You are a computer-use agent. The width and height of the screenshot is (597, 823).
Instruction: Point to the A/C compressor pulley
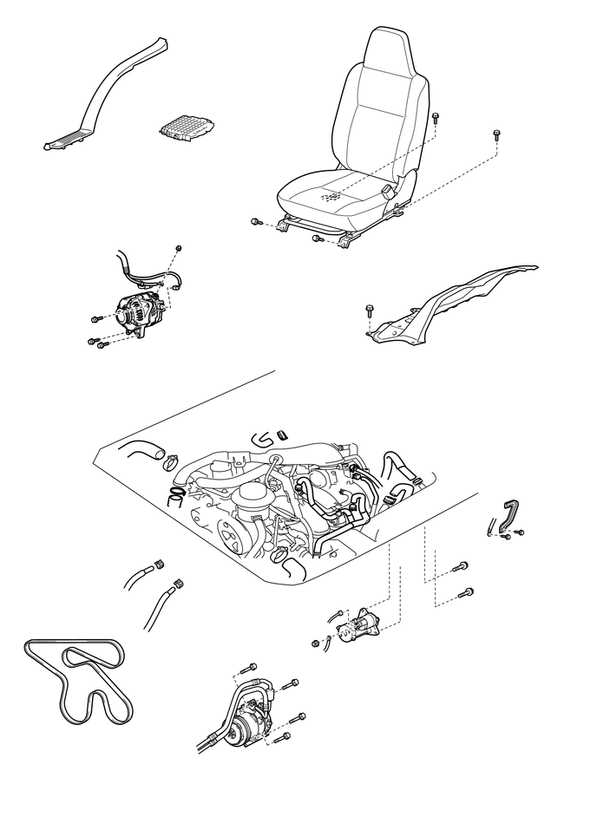(x=236, y=732)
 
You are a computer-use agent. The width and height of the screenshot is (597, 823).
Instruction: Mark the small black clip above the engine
(x=282, y=433)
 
